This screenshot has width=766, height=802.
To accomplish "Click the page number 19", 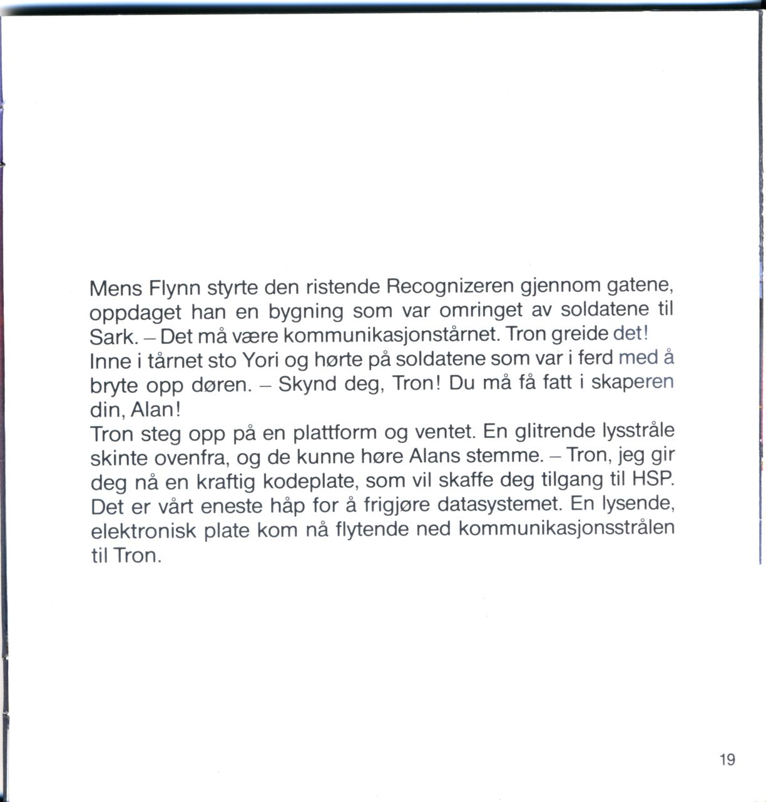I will [727, 760].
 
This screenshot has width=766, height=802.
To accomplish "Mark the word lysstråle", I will [638, 431].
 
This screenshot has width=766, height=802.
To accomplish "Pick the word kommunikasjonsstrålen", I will [567, 528].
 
